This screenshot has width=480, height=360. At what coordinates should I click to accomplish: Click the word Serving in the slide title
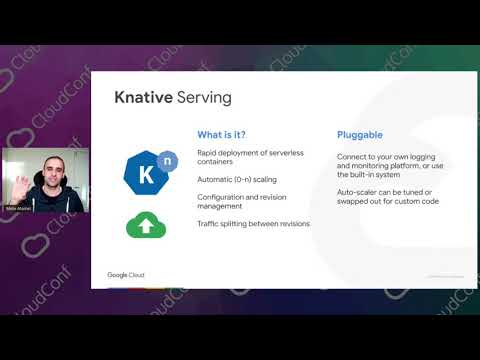pos(203,98)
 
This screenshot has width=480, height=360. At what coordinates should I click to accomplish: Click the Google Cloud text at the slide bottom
pos(127,274)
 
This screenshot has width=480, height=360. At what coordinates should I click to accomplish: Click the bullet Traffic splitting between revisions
pos(253,223)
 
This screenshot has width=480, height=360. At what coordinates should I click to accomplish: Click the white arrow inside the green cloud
pos(146,227)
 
